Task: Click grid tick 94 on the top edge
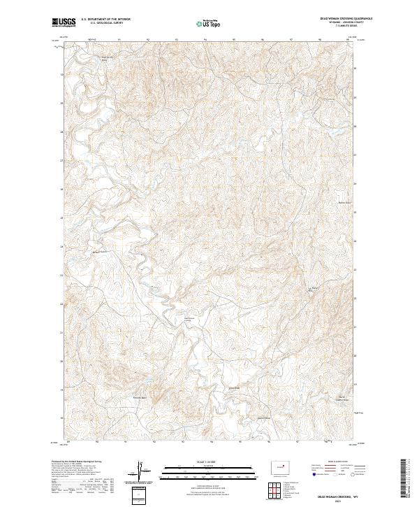tap(205, 39)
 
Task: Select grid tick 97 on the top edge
tap(291, 39)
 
